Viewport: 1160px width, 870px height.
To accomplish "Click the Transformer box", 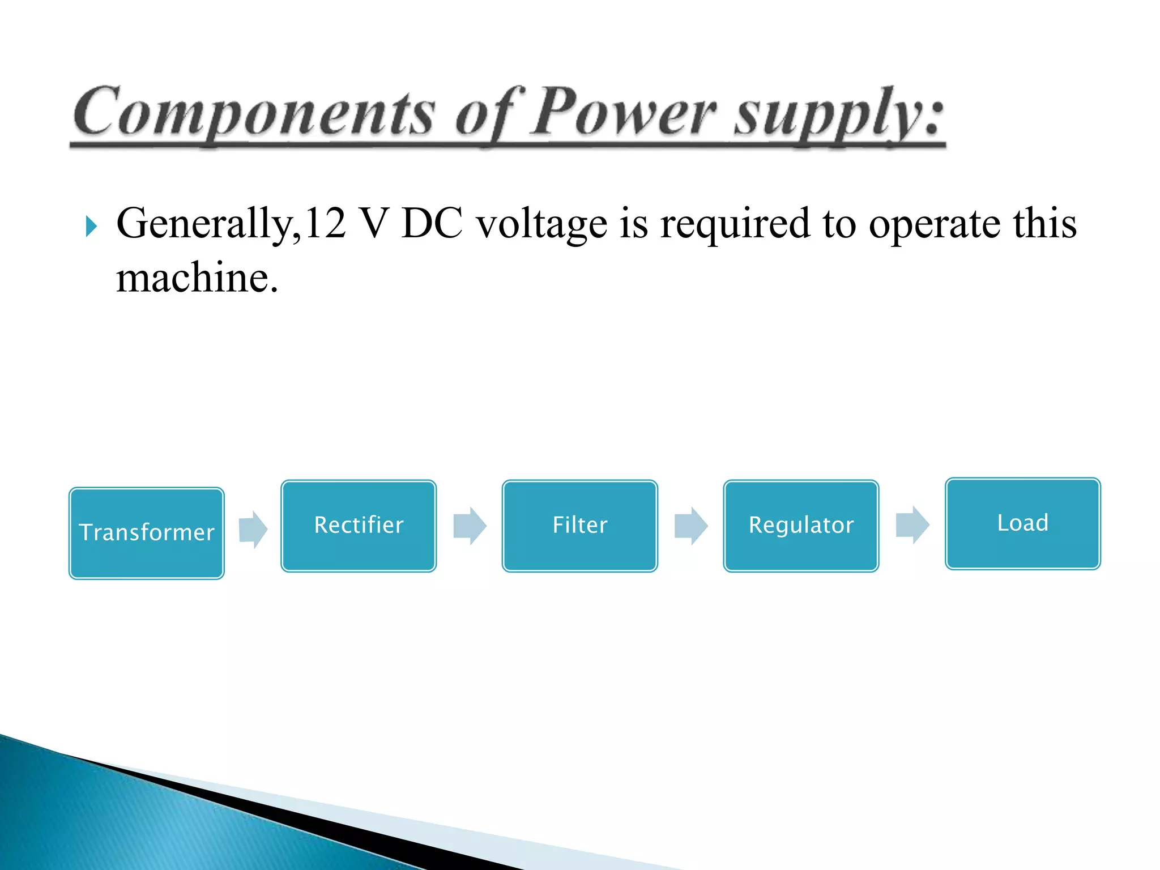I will point(147,533).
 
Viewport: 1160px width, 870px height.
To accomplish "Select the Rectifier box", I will point(359,526).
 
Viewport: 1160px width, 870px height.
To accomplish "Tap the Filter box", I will point(579,526).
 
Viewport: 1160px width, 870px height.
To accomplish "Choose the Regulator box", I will point(801,526).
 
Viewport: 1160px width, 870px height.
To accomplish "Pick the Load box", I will point(1022,523).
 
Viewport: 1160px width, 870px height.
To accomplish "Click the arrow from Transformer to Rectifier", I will point(253,529).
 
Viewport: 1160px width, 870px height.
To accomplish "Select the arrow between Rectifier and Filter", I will point(470,526).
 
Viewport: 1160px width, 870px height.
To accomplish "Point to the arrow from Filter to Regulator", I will point(691,526).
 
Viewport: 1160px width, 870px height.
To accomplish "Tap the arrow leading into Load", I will point(912,525).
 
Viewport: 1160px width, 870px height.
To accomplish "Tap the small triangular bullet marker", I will point(91,226).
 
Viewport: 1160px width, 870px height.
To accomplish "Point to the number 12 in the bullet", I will point(325,223).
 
